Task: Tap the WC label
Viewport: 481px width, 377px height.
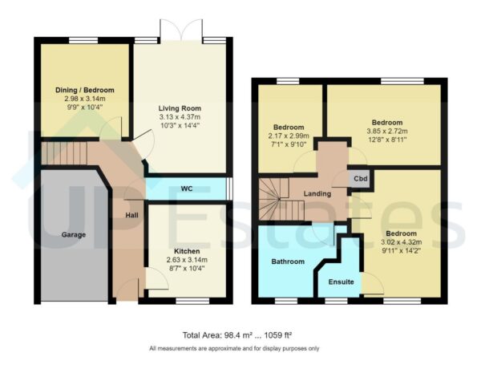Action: (x=187, y=188)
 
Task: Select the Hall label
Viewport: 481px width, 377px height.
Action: (x=132, y=215)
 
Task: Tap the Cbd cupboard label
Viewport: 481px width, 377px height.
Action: (x=361, y=180)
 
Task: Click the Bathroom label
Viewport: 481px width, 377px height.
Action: (x=287, y=261)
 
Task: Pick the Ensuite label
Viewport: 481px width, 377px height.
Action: (x=341, y=282)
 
